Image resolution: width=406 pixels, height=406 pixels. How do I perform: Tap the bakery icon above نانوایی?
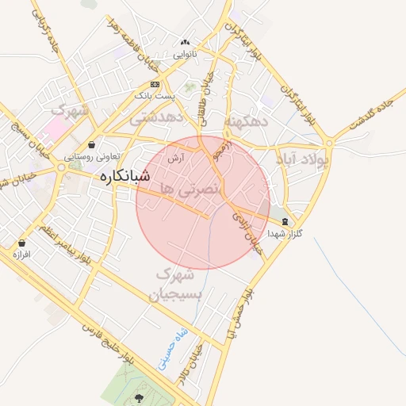(186, 42)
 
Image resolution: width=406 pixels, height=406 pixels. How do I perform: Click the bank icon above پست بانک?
(155, 83)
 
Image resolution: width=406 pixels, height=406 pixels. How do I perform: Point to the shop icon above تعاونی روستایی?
(94, 145)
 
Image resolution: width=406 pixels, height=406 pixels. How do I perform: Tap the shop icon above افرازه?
(21, 243)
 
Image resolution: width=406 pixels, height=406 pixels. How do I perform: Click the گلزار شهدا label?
(285, 234)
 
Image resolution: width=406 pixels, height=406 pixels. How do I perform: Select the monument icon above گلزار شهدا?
(285, 222)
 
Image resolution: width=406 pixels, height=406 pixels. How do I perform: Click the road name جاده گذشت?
(370, 117)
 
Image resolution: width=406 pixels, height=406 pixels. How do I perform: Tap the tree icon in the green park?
(140, 397)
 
